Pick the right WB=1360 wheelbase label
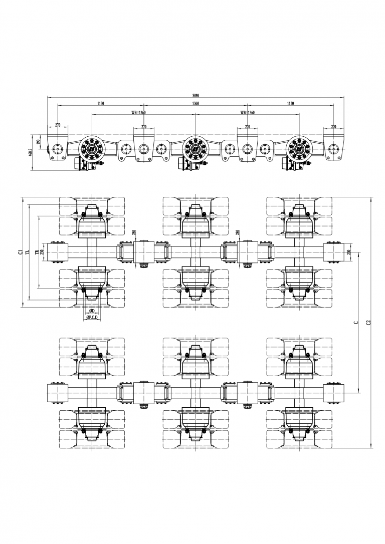click(x=248, y=113)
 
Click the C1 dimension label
click(x=20, y=252)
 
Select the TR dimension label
click(x=36, y=252)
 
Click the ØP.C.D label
click(x=92, y=318)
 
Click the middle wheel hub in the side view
click(x=195, y=148)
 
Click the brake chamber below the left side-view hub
click(x=79, y=164)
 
